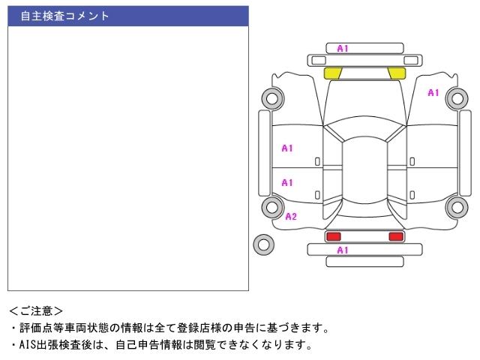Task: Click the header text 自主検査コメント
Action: pyautogui.click(x=64, y=16)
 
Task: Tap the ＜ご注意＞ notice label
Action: pyautogui.click(x=36, y=310)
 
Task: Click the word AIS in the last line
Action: pyautogui.click(x=28, y=345)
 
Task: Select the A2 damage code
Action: pyautogui.click(x=291, y=217)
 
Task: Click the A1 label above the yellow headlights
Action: pyautogui.click(x=342, y=49)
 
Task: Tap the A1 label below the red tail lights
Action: pyautogui.click(x=342, y=250)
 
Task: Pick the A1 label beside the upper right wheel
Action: pyautogui.click(x=433, y=93)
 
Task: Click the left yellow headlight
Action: pyautogui.click(x=332, y=73)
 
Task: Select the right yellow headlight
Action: pyautogui.click(x=397, y=73)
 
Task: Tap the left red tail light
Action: pyautogui.click(x=333, y=236)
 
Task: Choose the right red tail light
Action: pyautogui.click(x=396, y=236)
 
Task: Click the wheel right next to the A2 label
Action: pyautogui.click(x=272, y=207)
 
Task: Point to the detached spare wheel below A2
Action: pyautogui.click(x=263, y=244)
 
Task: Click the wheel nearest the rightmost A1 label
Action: pyautogui.click(x=456, y=97)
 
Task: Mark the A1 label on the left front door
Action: pyautogui.click(x=287, y=148)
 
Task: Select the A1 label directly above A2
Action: pyautogui.click(x=287, y=182)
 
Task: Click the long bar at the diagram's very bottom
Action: pyautogui.click(x=364, y=261)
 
